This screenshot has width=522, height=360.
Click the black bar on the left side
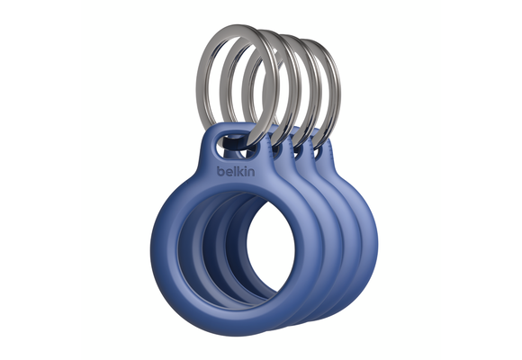[x=40, y=180]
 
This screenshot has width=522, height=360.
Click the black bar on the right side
[x=481, y=180]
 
